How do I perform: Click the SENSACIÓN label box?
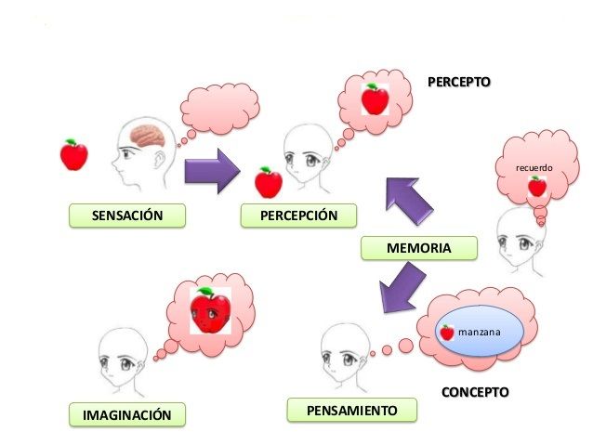(x=127, y=216)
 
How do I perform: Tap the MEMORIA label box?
(x=418, y=248)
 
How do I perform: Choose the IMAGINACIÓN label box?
(x=127, y=414)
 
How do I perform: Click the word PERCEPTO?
(x=458, y=83)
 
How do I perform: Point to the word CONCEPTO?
(x=475, y=391)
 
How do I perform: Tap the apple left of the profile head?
(x=73, y=154)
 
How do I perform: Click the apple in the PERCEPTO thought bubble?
(x=375, y=98)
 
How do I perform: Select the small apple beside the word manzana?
(x=447, y=332)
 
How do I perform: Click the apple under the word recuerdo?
(x=536, y=187)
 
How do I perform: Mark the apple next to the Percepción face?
(x=269, y=182)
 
